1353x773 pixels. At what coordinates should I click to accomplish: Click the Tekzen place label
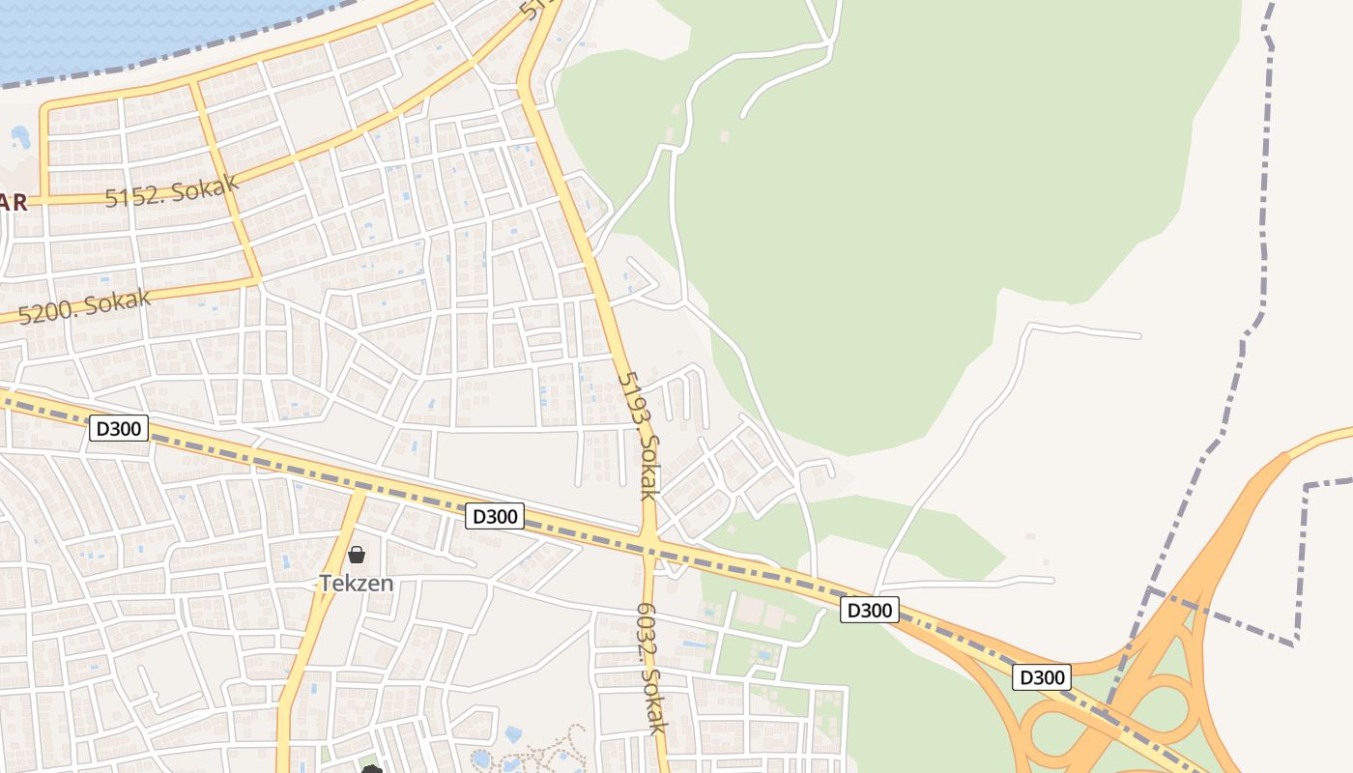tap(357, 583)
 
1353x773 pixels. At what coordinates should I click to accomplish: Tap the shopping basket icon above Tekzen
tap(357, 555)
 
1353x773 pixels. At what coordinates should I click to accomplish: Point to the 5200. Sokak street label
tap(85, 305)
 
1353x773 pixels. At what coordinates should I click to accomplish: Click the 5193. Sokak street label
tap(639, 435)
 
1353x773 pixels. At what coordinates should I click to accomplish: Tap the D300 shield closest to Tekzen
tap(495, 516)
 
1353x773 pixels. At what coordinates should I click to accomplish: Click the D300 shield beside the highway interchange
tap(1042, 677)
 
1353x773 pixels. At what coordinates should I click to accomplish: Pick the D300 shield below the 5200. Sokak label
tap(119, 428)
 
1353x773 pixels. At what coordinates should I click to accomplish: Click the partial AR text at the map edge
tap(14, 203)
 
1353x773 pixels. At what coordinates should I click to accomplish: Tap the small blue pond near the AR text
tap(20, 138)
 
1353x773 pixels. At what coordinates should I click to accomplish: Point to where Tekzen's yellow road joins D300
tap(360, 492)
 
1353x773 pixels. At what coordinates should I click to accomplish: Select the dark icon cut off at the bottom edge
tap(372, 768)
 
